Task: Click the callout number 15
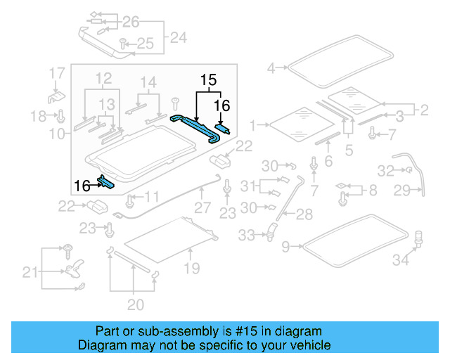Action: point(208,81)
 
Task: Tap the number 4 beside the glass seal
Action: point(271,68)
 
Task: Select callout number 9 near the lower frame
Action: point(285,246)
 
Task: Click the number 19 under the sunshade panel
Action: point(192,268)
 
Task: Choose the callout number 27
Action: point(202,208)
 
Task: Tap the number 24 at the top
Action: point(179,37)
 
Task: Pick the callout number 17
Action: point(57,72)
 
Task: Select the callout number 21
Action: point(30,271)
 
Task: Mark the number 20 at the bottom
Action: point(135,304)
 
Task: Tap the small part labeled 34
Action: point(418,238)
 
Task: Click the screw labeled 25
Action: point(122,42)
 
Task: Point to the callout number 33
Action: point(246,236)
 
